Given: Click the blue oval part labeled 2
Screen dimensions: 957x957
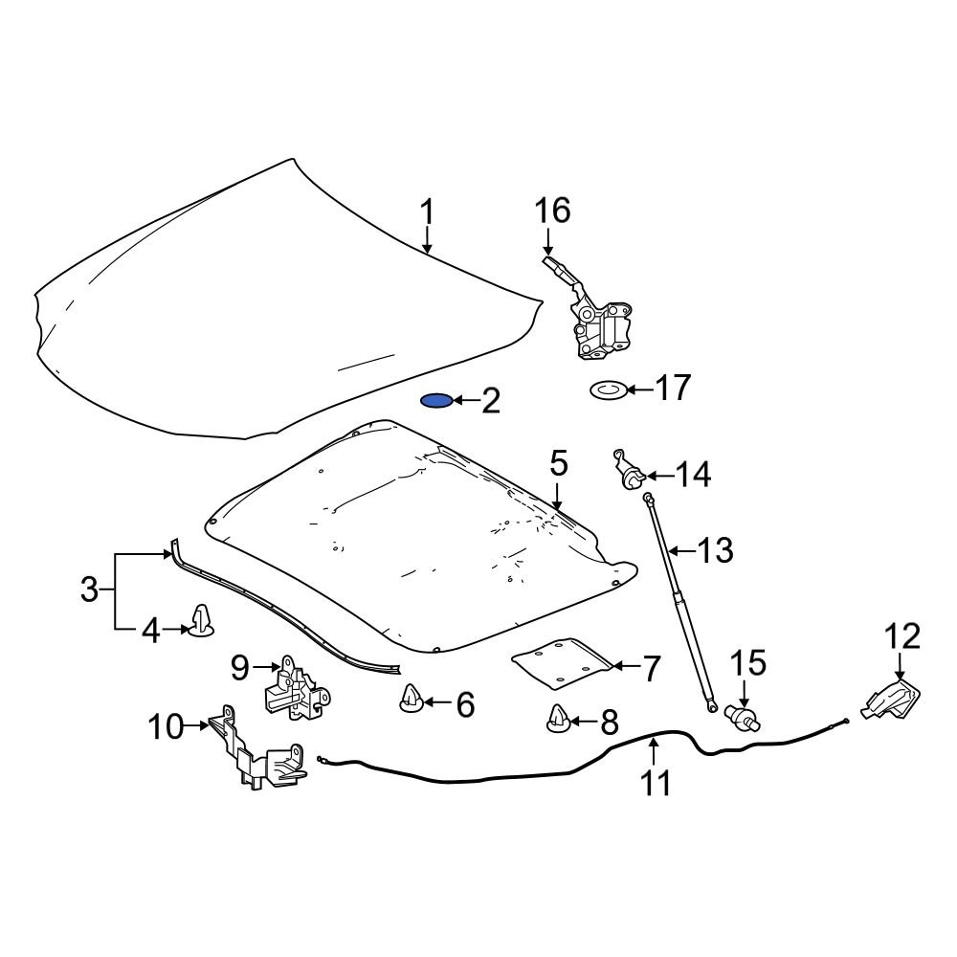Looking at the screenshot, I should (436, 400).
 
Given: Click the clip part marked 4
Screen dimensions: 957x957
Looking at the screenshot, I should (202, 622).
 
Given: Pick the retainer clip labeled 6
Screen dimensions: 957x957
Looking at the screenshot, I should (412, 700).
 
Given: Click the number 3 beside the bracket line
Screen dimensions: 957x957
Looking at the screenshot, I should (89, 590).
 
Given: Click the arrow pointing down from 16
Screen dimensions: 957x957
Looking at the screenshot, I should (548, 240).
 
